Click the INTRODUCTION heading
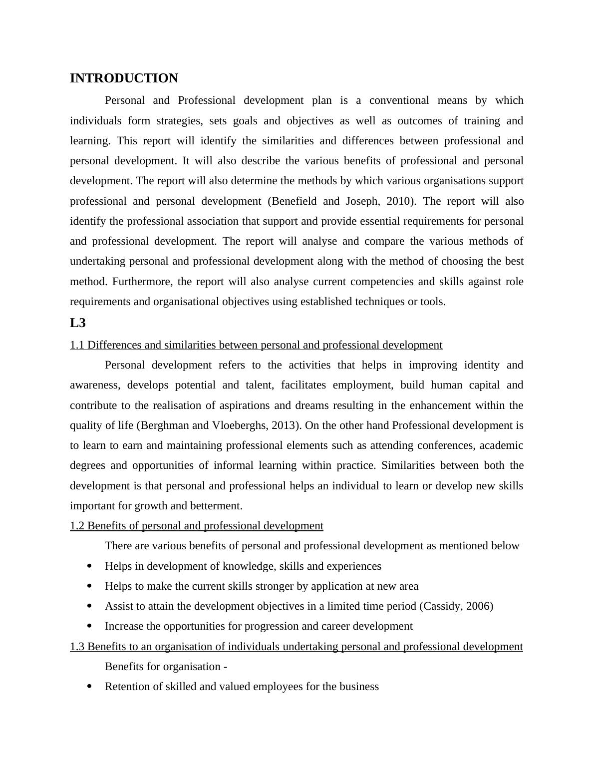tap(124, 78)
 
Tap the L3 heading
tap(77, 323)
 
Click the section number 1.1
tap(77, 345)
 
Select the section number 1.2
tap(77, 526)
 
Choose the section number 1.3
tap(77, 647)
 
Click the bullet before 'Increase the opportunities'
tap(89, 626)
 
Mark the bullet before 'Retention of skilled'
tap(89, 687)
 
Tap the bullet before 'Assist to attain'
tap(89, 606)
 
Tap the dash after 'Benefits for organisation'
tap(226, 667)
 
